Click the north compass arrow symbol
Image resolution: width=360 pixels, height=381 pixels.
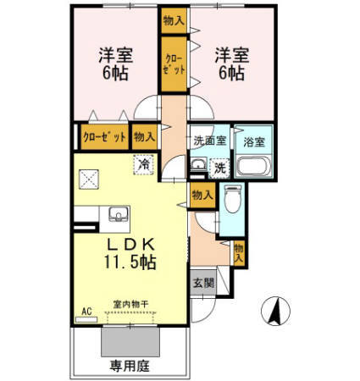pyautogui.click(x=275, y=311)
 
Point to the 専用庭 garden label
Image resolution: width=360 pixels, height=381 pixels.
pyautogui.click(x=128, y=367)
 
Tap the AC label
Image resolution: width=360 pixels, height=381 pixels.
pyautogui.click(x=86, y=311)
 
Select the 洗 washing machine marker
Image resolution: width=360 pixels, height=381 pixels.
pyautogui.click(x=219, y=168)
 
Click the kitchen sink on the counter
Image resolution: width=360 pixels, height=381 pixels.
pyautogui.click(x=115, y=213)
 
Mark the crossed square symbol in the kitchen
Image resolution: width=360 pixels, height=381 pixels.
pyautogui.click(x=89, y=177)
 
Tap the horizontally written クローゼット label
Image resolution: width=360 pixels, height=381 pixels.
pyautogui.click(x=103, y=135)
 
